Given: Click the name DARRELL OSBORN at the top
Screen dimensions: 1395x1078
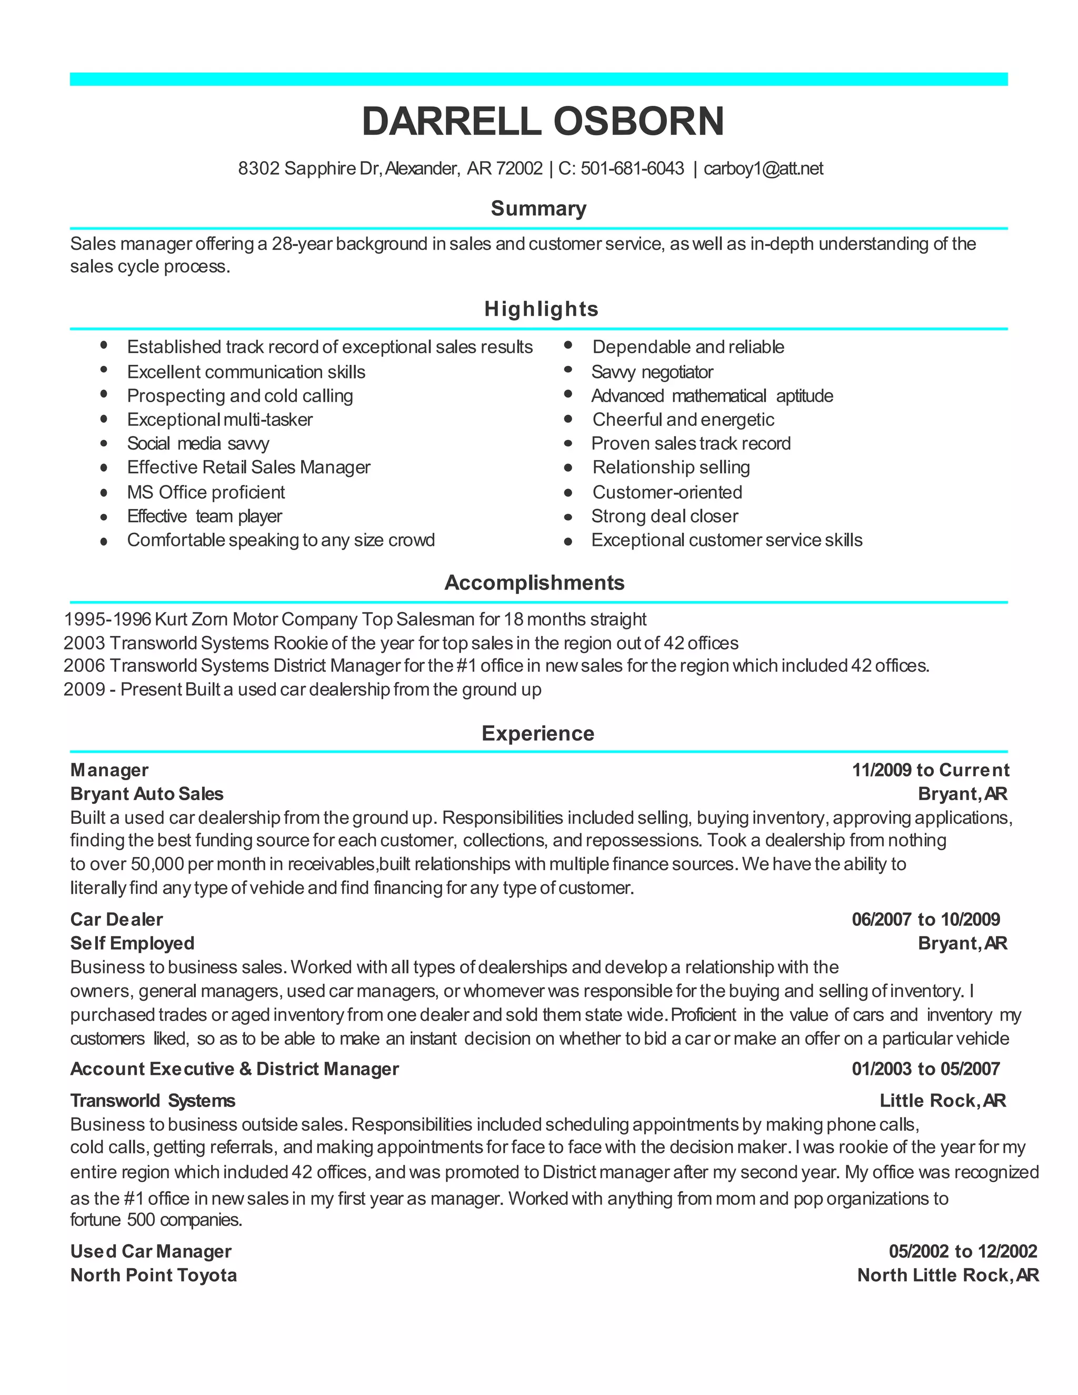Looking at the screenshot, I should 542,122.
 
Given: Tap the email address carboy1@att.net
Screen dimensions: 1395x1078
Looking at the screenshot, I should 763,168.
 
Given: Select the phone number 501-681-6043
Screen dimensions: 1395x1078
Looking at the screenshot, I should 632,168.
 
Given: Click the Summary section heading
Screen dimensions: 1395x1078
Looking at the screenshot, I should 538,209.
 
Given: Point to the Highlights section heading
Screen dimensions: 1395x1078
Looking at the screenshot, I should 541,309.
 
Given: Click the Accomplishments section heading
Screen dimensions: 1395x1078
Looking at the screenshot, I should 535,583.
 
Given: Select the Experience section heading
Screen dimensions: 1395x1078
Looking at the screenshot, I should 538,733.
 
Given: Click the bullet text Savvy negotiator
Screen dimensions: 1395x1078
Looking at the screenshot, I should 652,372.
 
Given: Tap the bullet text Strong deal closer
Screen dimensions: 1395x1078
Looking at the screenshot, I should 664,516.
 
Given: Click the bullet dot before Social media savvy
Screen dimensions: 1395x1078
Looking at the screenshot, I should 104,443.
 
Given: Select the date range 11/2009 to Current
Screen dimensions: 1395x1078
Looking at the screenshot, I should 931,770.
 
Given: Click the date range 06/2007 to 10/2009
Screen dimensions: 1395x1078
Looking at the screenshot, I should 925,919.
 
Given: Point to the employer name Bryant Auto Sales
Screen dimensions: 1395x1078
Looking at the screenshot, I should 147,794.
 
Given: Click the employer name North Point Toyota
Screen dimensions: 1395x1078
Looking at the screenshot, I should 153,1275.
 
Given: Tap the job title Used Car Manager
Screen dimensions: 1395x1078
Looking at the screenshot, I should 151,1251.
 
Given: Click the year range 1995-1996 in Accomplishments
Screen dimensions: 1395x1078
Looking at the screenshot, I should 107,619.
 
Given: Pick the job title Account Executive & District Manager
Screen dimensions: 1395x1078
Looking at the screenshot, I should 234,1069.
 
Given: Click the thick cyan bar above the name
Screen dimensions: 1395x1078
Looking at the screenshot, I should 538,79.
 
